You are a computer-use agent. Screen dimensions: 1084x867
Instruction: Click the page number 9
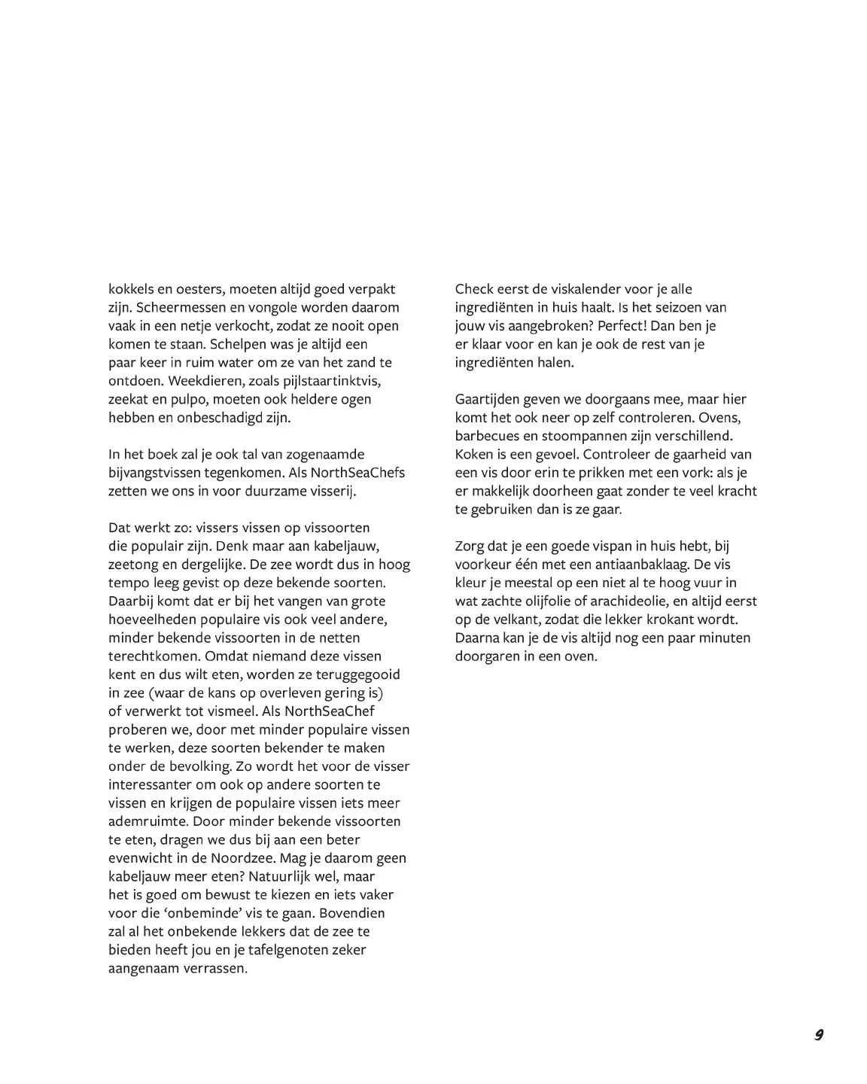[818, 1034]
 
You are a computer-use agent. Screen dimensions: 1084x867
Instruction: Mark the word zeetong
[135, 565]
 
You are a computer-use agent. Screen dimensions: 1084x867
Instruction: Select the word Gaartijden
[488, 399]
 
